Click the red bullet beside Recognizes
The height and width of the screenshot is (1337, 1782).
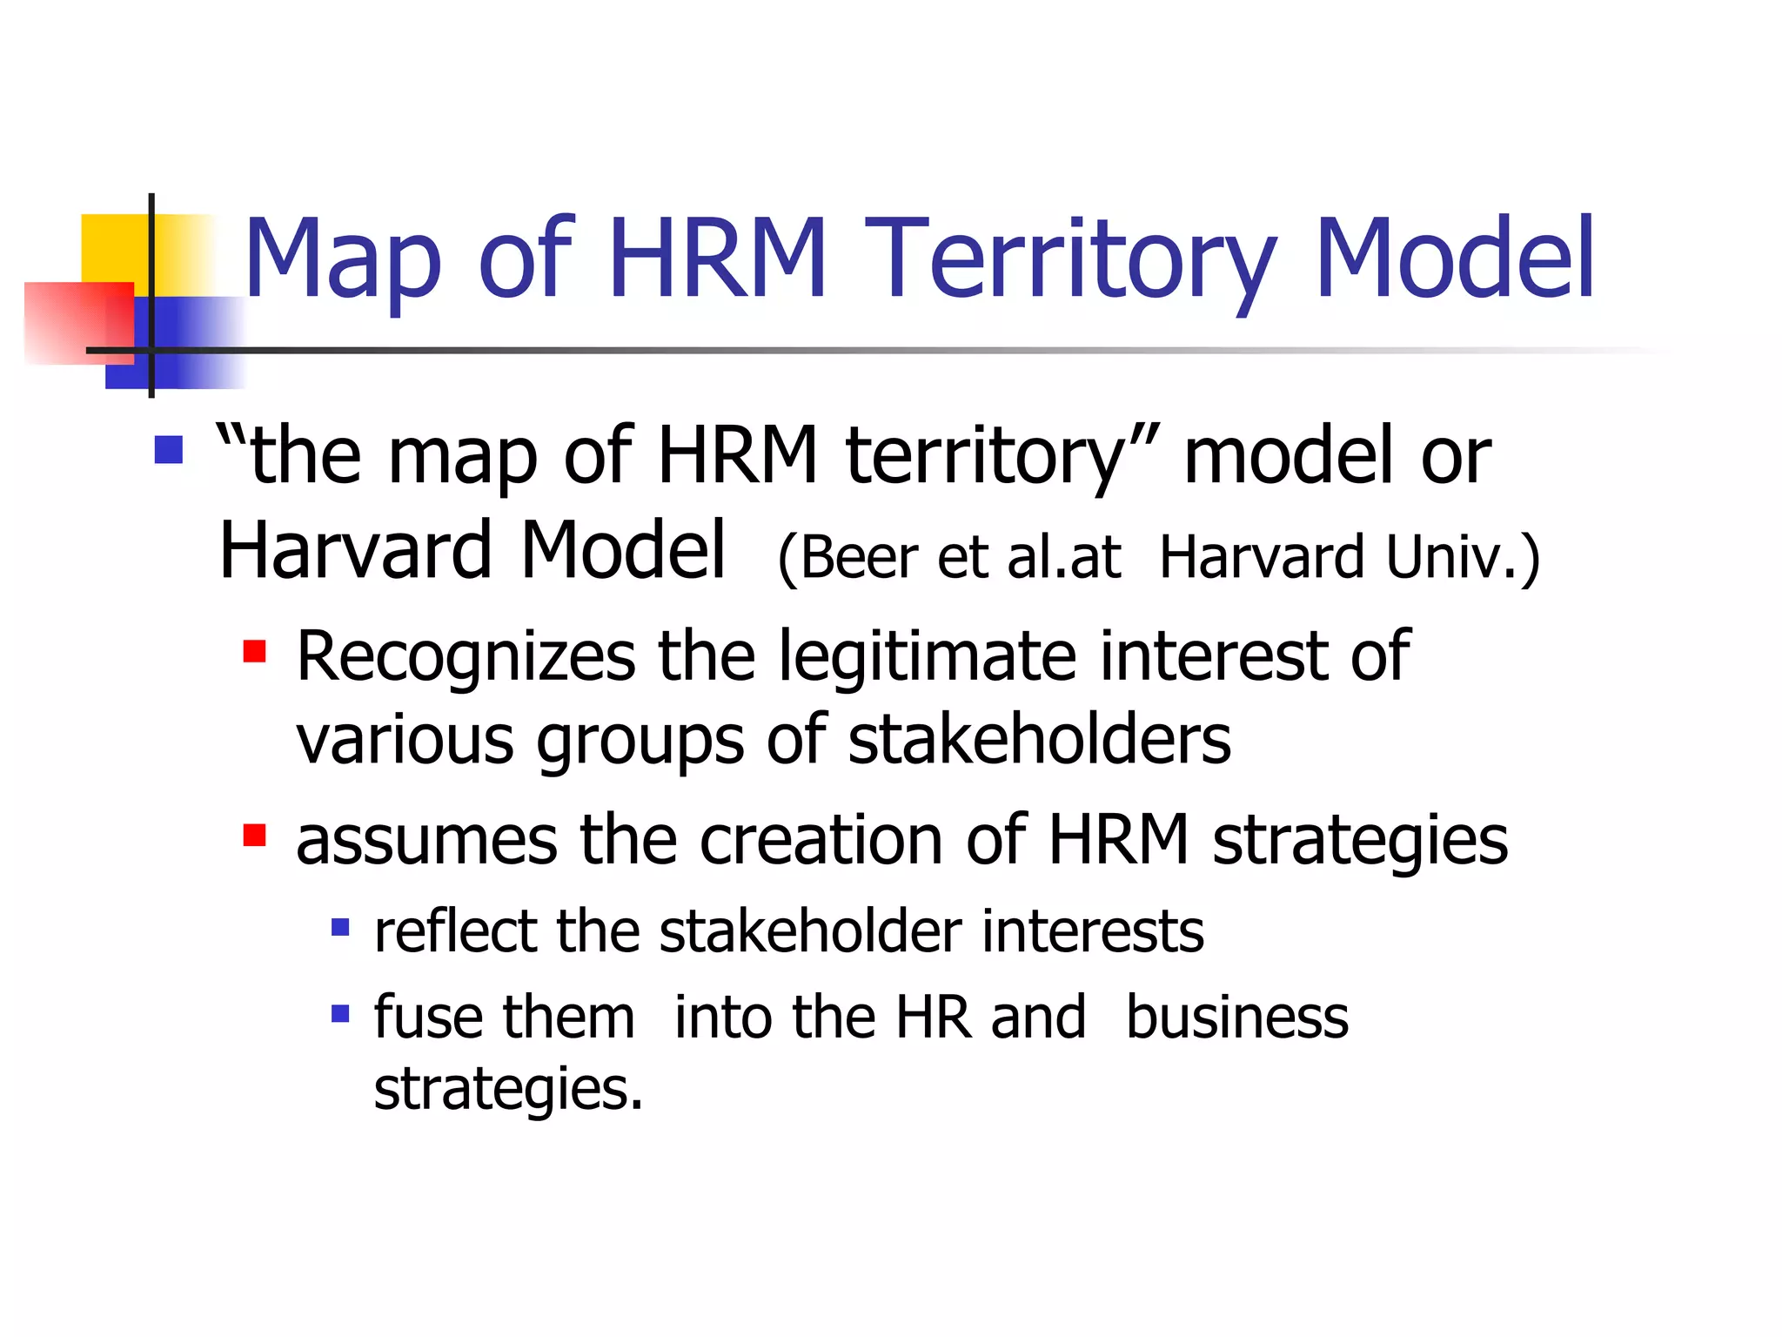pyautogui.click(x=254, y=651)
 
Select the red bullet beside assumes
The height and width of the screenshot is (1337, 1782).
pyautogui.click(x=254, y=835)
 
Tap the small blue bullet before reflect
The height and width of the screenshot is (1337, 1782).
pyautogui.click(x=340, y=928)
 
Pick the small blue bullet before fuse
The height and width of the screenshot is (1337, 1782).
pyautogui.click(x=340, y=1013)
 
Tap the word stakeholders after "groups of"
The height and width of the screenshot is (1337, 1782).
pyautogui.click(x=1039, y=740)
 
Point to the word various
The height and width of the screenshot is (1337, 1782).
pyautogui.click(x=405, y=740)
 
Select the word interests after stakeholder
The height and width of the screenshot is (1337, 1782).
pyautogui.click(x=1093, y=931)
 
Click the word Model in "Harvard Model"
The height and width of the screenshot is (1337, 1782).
pyautogui.click(x=623, y=550)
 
